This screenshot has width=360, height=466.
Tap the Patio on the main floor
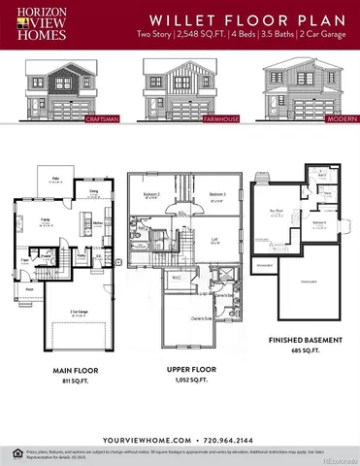pyautogui.click(x=57, y=180)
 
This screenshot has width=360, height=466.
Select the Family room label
pyautogui.click(x=46, y=220)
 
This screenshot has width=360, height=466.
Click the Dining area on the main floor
pyautogui.click(x=94, y=192)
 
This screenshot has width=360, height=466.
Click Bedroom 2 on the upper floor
pyautogui.click(x=151, y=195)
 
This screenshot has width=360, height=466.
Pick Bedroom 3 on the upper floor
pyautogui.click(x=217, y=195)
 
